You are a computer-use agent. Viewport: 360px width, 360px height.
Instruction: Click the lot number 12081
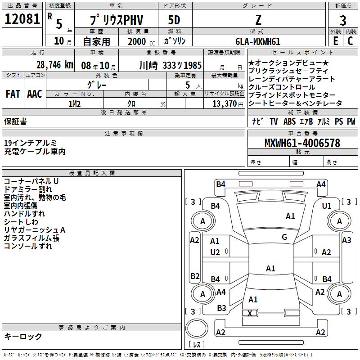(x=22, y=20)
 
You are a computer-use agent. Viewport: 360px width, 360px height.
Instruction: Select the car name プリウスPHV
(x=116, y=21)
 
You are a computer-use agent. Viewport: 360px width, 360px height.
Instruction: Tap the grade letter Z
(x=258, y=20)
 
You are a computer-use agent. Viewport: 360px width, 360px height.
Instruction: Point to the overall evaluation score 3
(x=343, y=20)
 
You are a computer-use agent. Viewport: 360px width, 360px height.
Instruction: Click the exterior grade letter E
(x=335, y=41)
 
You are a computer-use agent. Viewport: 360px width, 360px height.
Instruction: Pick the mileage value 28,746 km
(x=54, y=64)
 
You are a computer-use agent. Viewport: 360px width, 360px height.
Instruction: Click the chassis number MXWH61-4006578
(x=302, y=143)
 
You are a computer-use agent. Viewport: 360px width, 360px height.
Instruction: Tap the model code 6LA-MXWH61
(x=258, y=41)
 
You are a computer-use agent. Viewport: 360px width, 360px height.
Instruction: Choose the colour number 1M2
(x=74, y=104)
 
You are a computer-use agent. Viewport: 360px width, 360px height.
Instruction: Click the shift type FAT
(x=13, y=94)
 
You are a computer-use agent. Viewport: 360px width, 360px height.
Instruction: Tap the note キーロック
(x=23, y=336)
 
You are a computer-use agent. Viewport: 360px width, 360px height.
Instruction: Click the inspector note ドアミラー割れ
(x=28, y=189)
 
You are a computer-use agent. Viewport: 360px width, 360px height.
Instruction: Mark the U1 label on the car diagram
(x=327, y=206)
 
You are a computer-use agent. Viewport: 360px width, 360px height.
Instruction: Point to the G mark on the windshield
(x=284, y=237)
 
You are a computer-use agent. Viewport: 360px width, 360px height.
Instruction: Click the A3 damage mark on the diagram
(x=346, y=240)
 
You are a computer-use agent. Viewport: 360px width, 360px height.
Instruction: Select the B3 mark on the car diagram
(x=222, y=308)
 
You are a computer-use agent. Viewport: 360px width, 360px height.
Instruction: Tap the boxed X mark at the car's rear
(x=250, y=313)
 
